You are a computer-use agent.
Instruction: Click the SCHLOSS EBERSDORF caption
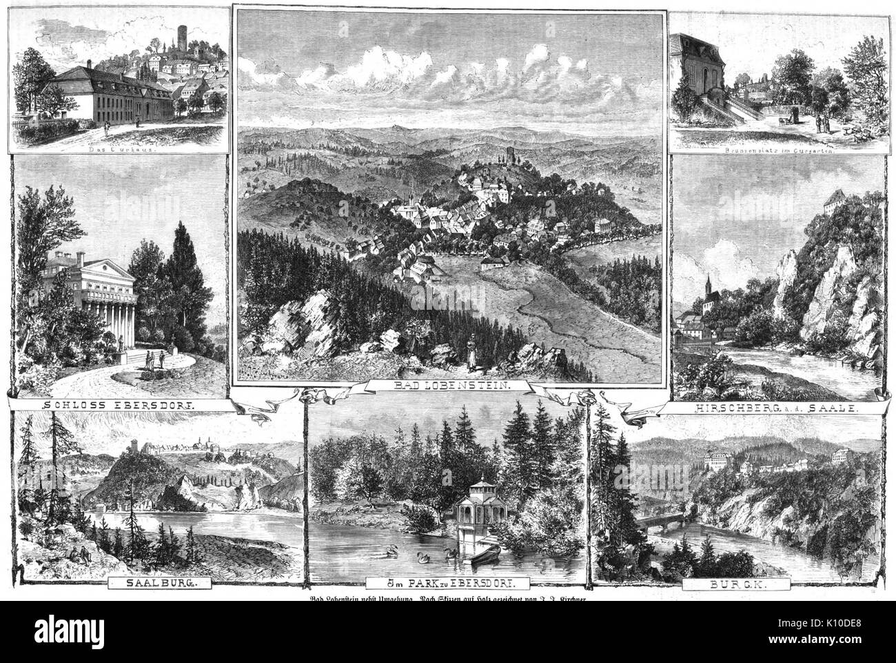[119, 406]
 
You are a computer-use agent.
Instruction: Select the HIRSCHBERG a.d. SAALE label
[769, 408]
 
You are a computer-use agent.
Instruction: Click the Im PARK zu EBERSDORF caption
[448, 582]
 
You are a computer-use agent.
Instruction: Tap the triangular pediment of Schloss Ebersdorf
[110, 268]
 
